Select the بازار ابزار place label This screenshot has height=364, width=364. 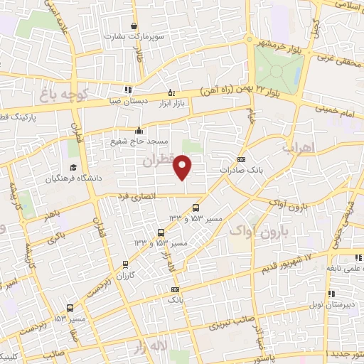(171, 105)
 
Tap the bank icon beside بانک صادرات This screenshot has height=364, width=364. (242, 160)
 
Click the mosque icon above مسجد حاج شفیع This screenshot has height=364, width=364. (139, 131)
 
